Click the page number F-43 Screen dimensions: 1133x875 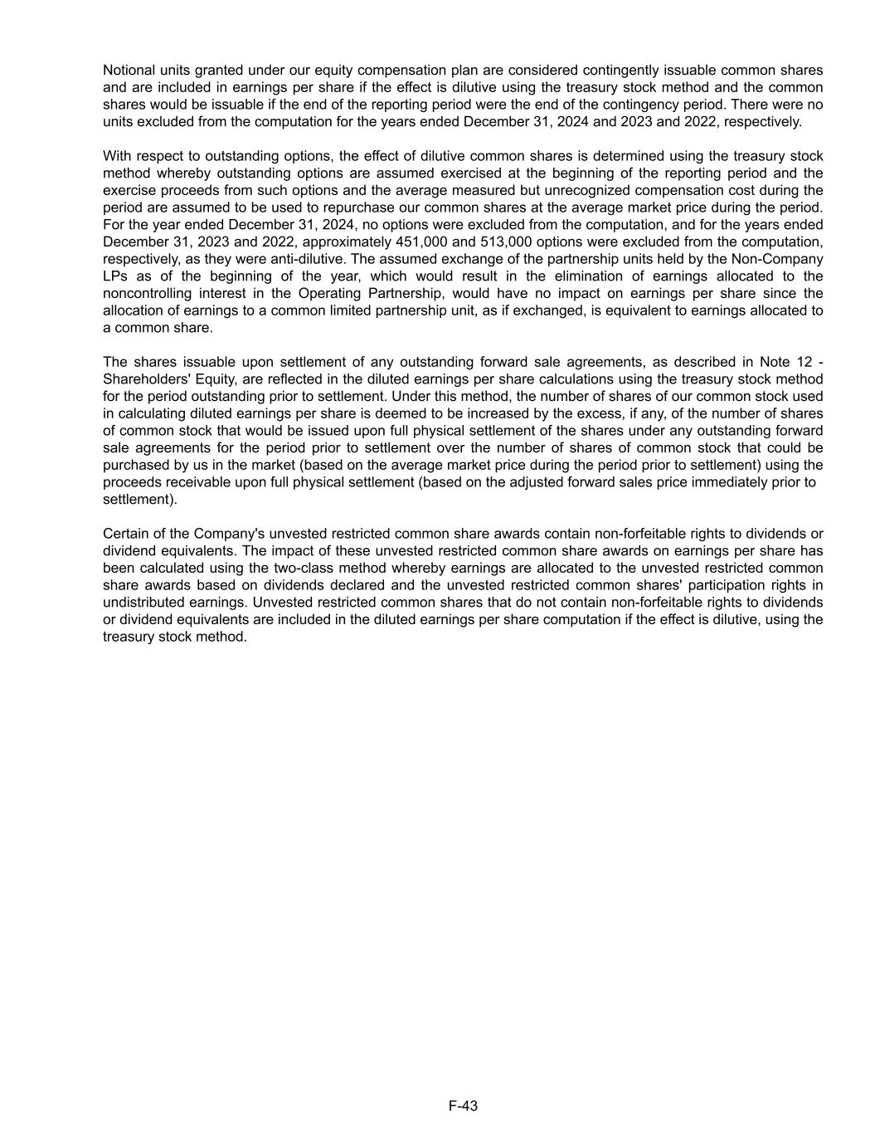(463, 1106)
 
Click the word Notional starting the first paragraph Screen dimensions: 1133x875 (129, 71)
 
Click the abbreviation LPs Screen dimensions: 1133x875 (115, 276)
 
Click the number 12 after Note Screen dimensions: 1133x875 (800, 362)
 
